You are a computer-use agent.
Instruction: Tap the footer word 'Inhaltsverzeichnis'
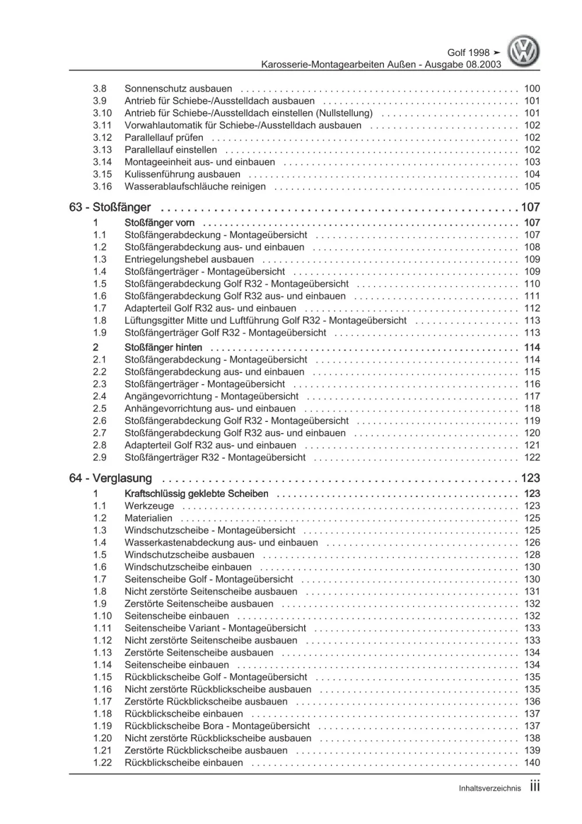(489, 788)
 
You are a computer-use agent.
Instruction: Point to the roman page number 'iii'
(534, 787)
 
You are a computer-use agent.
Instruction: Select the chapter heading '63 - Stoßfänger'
(110, 207)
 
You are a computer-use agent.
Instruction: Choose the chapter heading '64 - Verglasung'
(111, 478)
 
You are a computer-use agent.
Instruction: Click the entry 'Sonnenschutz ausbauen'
(178, 89)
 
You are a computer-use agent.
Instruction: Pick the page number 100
(531, 89)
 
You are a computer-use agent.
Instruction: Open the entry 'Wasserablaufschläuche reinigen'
(195, 186)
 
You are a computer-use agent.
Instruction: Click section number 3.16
(102, 186)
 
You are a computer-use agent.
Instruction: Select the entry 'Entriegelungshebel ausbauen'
(189, 259)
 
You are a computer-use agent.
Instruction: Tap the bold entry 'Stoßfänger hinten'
(163, 347)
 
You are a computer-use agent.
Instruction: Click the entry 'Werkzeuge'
(149, 506)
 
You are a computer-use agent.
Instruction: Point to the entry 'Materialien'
(149, 518)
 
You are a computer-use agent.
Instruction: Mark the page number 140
(531, 762)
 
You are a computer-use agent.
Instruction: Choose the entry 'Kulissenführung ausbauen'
(182, 174)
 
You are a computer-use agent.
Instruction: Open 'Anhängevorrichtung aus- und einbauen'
(210, 409)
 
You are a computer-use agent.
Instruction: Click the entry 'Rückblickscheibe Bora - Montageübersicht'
(217, 726)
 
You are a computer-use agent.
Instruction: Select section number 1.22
(102, 762)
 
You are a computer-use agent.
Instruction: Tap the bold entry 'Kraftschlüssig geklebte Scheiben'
(196, 494)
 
